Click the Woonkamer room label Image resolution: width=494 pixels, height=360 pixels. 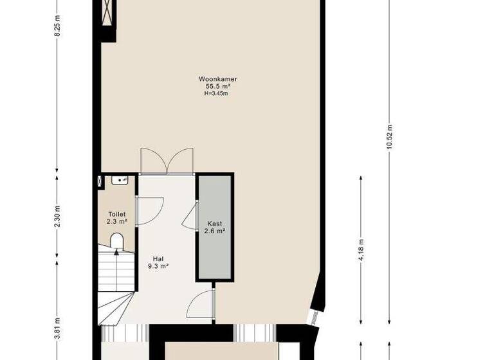coord(217,79)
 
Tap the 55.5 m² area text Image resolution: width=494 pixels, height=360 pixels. coord(217,86)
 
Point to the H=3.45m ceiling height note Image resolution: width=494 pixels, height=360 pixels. coord(216,93)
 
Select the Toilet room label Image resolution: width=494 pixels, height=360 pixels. coord(116,215)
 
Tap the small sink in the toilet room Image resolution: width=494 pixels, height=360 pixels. coord(119,180)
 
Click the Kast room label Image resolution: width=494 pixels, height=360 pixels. coord(214,224)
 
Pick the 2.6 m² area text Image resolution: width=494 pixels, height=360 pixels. coord(214,231)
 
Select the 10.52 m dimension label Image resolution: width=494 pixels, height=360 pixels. coord(390,136)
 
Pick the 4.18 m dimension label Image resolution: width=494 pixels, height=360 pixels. coord(361,249)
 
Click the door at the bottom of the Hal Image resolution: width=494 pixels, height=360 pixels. coord(201,304)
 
